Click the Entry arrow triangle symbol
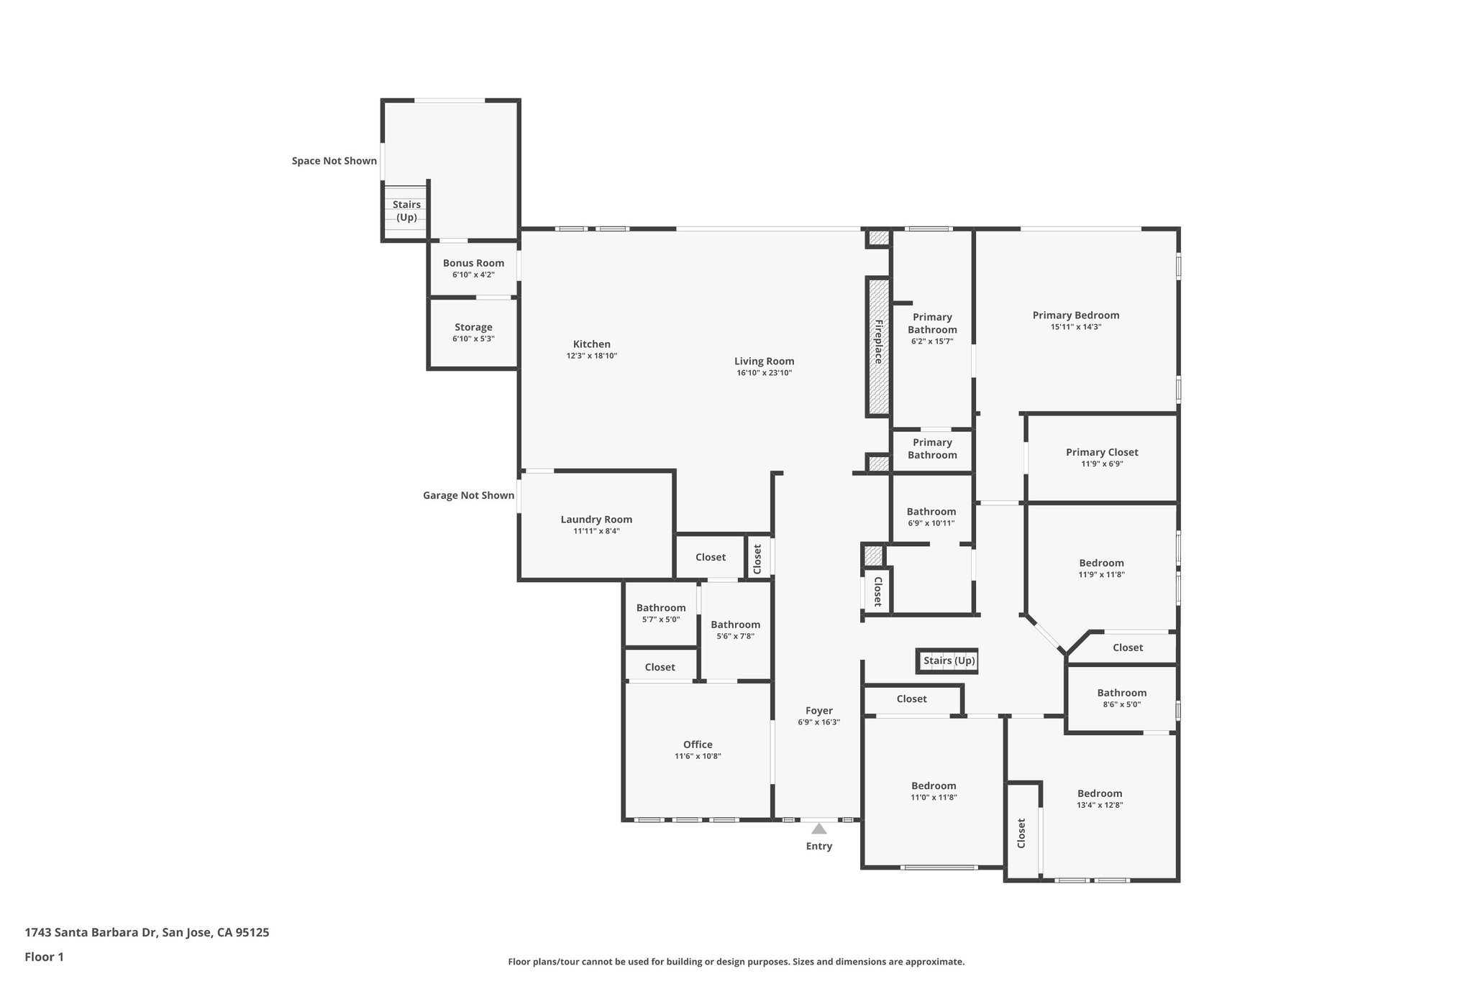coord(818,829)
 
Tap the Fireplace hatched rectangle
coord(877,346)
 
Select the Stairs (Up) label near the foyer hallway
coord(949,660)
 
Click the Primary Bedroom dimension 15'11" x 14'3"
coord(1075,327)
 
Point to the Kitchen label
coord(591,344)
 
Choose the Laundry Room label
coord(596,520)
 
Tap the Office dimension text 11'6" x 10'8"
coord(697,756)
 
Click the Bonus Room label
coord(473,263)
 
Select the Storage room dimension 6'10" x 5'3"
coord(473,338)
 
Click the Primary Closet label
coord(1101,452)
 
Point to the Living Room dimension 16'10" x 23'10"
coord(764,373)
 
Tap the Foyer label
coord(818,711)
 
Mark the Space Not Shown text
coord(334,161)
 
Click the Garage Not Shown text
coord(468,495)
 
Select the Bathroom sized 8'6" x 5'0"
coord(1121,698)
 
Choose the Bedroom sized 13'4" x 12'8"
coord(1099,798)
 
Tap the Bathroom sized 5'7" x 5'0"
coord(660,613)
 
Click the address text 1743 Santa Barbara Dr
coord(147,932)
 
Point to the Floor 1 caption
coord(44,957)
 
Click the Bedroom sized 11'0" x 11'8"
coord(934,791)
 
